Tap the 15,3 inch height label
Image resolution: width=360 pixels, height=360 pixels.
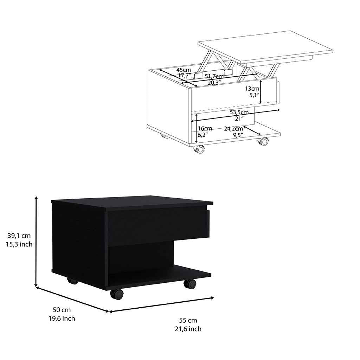pos(19,244)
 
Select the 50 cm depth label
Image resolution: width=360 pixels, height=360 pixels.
pos(62,310)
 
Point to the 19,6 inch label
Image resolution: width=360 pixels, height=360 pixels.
pos(62,319)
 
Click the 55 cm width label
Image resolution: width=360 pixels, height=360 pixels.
pos(188,320)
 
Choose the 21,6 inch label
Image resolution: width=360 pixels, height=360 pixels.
pos(188,329)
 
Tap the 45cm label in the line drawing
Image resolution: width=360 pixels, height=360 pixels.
pos(184,70)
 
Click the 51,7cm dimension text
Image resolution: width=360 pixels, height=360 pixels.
pos(214,77)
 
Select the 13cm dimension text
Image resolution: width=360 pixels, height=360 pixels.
pos(252,89)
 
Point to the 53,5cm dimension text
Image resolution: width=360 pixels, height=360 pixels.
pos(239,112)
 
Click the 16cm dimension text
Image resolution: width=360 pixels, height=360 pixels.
pos(205,128)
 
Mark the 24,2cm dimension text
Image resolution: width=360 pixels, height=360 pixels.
pos(233,128)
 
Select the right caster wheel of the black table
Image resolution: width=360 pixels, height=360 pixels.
pos(190,284)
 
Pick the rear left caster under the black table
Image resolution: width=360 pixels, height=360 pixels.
pos(72,281)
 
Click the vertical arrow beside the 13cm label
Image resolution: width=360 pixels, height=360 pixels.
pos(261,90)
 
